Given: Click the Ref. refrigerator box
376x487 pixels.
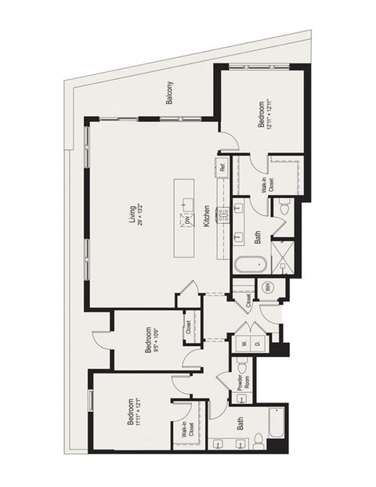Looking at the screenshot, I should [223, 167].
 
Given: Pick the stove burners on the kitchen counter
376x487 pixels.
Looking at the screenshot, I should [222, 216].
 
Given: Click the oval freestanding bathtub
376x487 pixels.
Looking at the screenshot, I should [243, 265].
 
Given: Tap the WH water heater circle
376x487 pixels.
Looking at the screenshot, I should [268, 287].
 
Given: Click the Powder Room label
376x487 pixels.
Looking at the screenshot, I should [224, 381].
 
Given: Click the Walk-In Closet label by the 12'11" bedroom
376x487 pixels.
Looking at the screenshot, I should [266, 182].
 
